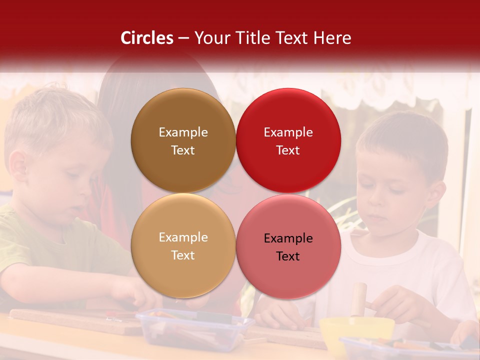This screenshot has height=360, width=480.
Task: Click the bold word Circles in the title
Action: [146, 38]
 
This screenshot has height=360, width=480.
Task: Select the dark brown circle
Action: [183, 140]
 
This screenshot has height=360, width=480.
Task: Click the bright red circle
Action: [288, 140]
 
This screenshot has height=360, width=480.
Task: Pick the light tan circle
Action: [183, 246]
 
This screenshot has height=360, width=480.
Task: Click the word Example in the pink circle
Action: [288, 238]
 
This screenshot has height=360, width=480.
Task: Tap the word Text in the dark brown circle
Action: [183, 150]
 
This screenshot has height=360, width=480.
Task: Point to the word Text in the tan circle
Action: [183, 255]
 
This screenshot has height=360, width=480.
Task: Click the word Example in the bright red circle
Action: [288, 132]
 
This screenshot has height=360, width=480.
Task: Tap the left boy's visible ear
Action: [18, 165]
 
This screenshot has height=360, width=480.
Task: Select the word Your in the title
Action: [210, 38]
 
